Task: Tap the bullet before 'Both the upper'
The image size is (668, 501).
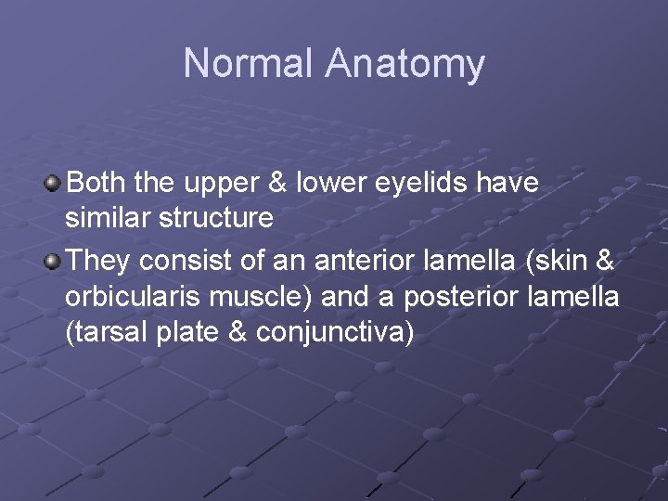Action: [54, 183]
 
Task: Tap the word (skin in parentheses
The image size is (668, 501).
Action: [551, 261]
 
